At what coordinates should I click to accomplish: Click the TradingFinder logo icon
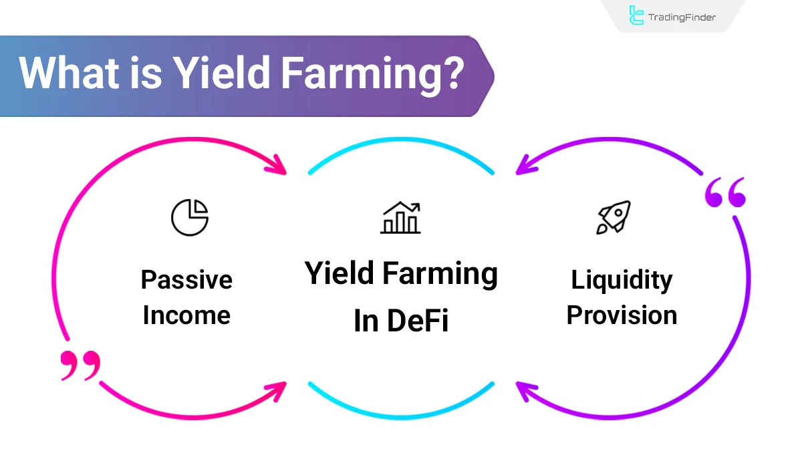tap(636, 16)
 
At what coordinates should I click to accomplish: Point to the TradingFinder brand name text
tap(682, 17)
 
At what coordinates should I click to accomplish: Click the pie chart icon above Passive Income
tap(190, 217)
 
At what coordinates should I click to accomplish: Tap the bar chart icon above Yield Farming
tap(401, 218)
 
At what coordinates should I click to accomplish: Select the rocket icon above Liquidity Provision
tap(614, 218)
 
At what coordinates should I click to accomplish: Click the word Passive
tap(186, 279)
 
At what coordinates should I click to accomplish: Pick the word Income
tap(186, 315)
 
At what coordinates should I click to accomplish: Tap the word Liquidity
tap(622, 279)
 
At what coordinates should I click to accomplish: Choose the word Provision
tap(622, 315)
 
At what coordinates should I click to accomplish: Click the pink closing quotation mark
tap(80, 365)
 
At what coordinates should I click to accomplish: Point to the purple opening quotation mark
tap(724, 193)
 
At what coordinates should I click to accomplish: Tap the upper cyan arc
tap(401, 151)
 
